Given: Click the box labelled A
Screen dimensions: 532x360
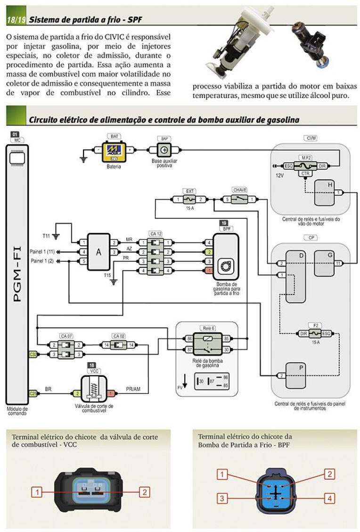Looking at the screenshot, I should click(98, 252).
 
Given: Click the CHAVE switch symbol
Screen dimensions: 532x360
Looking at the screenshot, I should click(239, 199).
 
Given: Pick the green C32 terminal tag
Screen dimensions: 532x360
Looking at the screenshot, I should click(33, 354).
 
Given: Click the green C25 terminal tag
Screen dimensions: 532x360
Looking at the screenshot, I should click(33, 393).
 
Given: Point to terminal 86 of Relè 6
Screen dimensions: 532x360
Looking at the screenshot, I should click(189, 339).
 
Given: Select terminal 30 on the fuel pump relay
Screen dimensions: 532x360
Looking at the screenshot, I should click(226, 349).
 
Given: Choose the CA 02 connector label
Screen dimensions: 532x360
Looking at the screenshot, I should click(118, 336).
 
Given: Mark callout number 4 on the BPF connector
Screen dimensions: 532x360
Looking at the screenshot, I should click(329, 498).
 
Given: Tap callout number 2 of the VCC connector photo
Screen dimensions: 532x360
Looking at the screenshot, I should click(145, 492).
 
